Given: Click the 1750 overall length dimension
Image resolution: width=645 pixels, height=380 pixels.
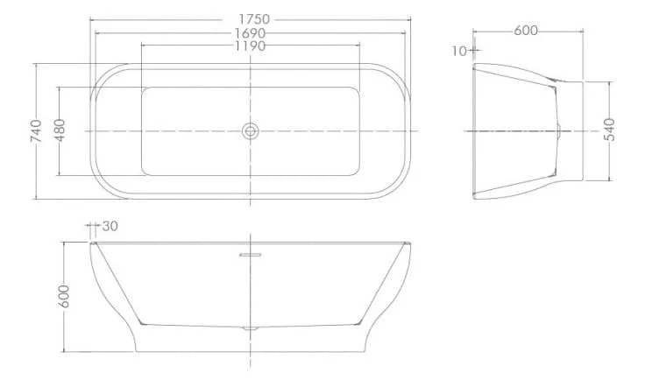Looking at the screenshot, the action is point(254,19).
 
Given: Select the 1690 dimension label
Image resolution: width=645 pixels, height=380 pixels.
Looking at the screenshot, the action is point(250,33).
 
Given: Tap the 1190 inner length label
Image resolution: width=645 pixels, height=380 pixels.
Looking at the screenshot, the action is point(250,46).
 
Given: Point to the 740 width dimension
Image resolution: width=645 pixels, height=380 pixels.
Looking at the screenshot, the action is point(36,131).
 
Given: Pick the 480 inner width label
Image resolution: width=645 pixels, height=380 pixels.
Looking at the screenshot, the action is point(60,130).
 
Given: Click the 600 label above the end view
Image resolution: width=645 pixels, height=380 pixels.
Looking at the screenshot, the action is point(526,31).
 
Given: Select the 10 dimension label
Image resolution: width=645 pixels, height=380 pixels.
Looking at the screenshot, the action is point(459,51).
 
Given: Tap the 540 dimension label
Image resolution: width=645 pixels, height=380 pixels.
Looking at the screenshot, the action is point(609,130).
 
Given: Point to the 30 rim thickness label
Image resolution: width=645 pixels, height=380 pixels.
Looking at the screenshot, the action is point(110,226).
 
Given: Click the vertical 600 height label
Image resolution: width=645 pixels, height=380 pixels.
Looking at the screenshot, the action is point(64,296).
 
